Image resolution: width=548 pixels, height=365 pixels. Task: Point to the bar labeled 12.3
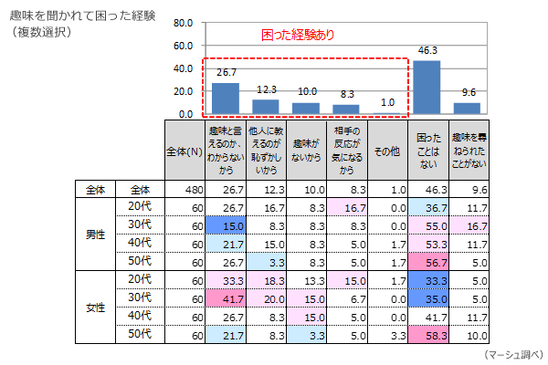pos(266,107)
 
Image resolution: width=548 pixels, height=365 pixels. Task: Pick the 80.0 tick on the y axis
pos(182,23)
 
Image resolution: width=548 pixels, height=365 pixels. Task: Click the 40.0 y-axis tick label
pos(182,68)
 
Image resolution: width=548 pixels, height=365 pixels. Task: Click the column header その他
pos(387,151)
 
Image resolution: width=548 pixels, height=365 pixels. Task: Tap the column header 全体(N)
pos(185,151)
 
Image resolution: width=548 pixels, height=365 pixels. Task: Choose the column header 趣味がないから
pos(306,151)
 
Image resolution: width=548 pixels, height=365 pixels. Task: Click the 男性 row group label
pos(94,235)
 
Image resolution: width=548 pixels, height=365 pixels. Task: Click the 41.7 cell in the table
pos(225,298)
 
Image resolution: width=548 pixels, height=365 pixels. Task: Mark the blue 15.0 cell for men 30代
pos(225,225)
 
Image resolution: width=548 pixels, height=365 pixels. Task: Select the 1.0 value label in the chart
pos(387,102)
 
